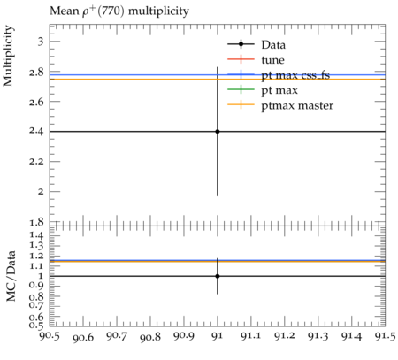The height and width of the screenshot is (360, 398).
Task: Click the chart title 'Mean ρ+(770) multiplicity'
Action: pyautogui.click(x=119, y=11)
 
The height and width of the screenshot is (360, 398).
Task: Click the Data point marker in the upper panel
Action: pyautogui.click(x=218, y=132)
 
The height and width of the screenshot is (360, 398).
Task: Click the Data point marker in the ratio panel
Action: pyautogui.click(x=218, y=276)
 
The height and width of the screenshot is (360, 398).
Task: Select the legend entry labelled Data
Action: pyautogui.click(x=256, y=44)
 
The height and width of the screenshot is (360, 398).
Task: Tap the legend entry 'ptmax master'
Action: pyautogui.click(x=280, y=105)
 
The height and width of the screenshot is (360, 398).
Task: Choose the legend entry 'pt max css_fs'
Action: pyautogui.click(x=279, y=75)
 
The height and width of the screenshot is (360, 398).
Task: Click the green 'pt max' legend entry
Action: pyautogui.click(x=263, y=90)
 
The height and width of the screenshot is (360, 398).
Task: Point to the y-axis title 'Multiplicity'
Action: pyautogui.click(x=8, y=56)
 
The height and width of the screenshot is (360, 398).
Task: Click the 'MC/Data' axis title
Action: pyautogui.click(x=11, y=276)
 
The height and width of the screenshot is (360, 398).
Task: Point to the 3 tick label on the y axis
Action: pyautogui.click(x=41, y=42)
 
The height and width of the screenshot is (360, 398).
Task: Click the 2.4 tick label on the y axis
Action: pyautogui.click(x=36, y=131)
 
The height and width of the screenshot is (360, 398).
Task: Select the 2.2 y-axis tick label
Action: pyautogui.click(x=36, y=162)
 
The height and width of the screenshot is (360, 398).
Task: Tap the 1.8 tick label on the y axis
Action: pyautogui.click(x=36, y=222)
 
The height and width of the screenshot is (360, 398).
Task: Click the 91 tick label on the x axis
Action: pyautogui.click(x=218, y=336)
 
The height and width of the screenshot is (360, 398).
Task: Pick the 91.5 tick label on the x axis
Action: pyautogui.click(x=386, y=336)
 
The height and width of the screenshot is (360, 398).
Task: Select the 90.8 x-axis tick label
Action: pyautogui.click(x=150, y=337)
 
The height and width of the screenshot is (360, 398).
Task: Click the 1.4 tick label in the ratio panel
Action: pyautogui.click(x=36, y=235)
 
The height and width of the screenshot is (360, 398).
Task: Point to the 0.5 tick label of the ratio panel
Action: pyautogui.click(x=36, y=326)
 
